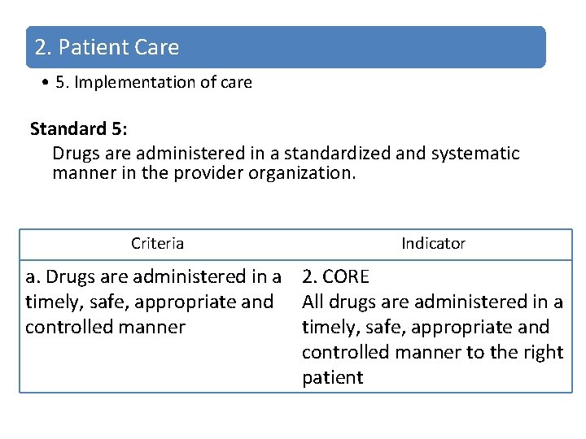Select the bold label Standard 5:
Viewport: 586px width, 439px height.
tap(68, 128)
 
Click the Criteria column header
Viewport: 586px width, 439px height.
tap(157, 243)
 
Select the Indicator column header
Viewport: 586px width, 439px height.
tap(433, 243)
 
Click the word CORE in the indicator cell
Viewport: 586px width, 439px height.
tap(347, 276)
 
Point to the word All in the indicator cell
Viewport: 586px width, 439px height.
tap(313, 302)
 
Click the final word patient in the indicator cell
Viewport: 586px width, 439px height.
tap(332, 378)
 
